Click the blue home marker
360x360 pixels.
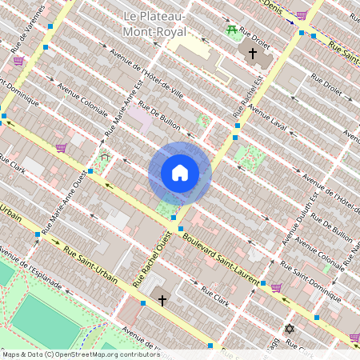[x=180, y=173]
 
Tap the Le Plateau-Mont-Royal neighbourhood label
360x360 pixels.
[x=154, y=24]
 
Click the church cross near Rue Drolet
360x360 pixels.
[x=253, y=54]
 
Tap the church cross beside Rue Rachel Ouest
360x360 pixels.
[x=162, y=301]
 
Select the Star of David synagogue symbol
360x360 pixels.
[x=290, y=329]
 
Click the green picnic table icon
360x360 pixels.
[x=232, y=30]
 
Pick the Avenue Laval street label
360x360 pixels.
[x=267, y=118]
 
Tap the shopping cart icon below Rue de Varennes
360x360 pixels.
[x=18, y=61]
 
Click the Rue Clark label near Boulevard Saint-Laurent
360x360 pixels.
[x=214, y=297]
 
